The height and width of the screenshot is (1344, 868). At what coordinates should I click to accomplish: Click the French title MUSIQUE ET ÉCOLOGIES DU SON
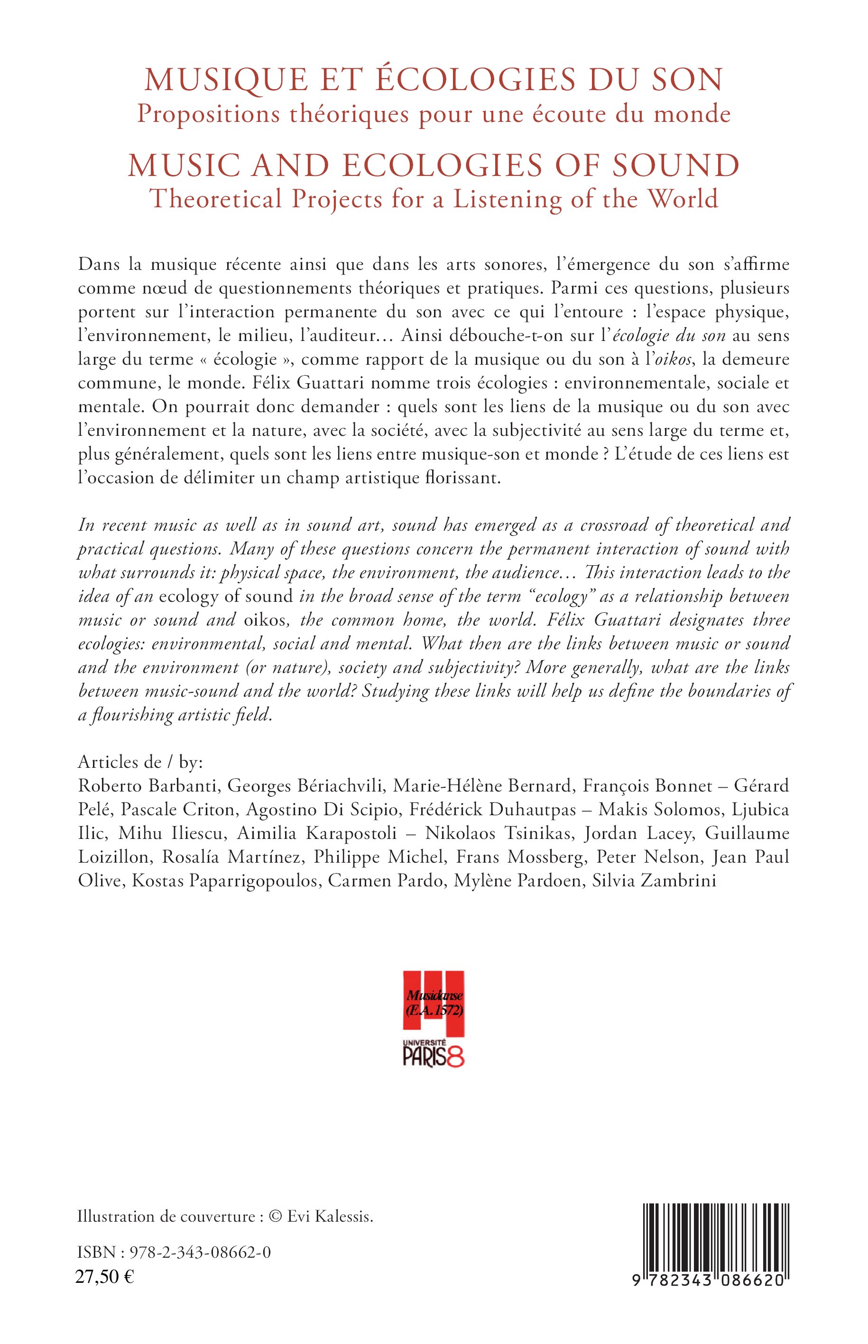click(x=434, y=81)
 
